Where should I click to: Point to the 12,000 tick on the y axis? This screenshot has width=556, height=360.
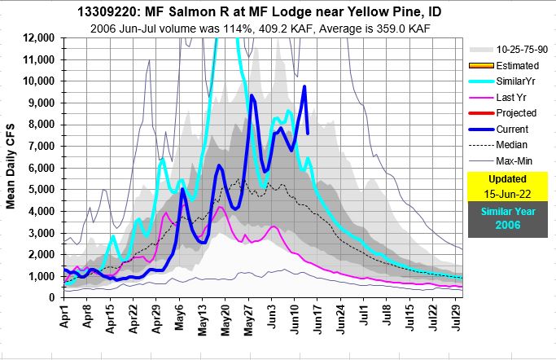[37, 38]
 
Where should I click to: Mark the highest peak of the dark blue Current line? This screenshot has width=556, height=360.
[304, 86]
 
